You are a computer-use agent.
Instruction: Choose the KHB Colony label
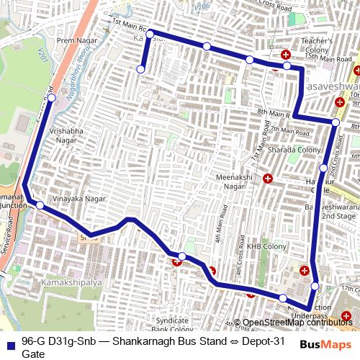(262, 246)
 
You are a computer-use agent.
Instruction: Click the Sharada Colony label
(292, 150)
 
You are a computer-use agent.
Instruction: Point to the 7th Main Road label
(290, 132)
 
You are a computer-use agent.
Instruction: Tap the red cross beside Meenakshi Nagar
(268, 179)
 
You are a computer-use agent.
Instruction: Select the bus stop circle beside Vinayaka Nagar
(40, 206)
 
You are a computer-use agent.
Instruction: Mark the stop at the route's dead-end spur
(140, 69)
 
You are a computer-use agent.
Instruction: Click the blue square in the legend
(9, 343)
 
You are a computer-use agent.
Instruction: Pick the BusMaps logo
(325, 345)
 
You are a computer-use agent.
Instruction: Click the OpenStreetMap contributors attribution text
(297, 323)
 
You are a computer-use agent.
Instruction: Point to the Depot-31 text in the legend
(243, 342)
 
